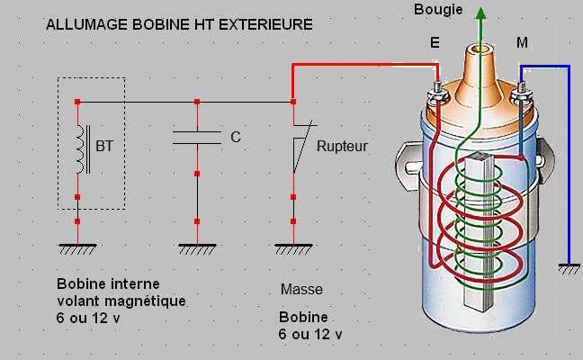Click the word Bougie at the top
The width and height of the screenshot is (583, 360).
click(439, 10)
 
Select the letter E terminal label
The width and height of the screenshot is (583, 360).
click(436, 42)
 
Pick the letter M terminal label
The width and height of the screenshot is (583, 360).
click(523, 41)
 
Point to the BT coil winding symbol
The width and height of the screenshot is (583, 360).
click(81, 148)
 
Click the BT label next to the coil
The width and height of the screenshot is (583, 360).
click(104, 145)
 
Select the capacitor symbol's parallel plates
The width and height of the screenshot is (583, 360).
click(196, 137)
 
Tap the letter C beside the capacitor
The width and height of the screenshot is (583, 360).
click(236, 138)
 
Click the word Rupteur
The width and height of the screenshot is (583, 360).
click(343, 145)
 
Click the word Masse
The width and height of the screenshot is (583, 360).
click(301, 290)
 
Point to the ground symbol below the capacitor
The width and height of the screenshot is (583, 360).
click(197, 245)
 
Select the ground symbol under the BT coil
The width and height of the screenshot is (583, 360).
click(77, 245)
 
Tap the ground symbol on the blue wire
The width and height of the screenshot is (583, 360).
click(569, 267)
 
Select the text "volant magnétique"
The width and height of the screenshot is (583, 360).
click(121, 301)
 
